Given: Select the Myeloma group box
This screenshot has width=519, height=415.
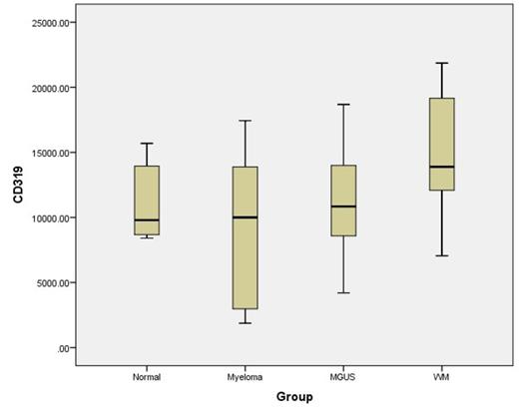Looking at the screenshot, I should [245, 237].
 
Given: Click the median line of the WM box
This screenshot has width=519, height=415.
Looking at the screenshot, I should [441, 167].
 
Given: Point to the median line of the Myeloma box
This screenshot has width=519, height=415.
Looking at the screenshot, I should [245, 217].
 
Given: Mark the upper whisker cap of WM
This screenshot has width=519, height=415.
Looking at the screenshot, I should [441, 63].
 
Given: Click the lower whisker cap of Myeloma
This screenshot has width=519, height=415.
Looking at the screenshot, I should [245, 323].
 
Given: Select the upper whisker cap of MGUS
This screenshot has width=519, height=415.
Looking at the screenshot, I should [342, 104].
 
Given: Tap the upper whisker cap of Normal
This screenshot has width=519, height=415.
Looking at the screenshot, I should [146, 143].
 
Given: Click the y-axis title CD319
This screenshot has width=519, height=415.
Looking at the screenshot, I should [20, 185].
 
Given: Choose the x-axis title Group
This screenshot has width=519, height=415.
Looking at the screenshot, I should [294, 396].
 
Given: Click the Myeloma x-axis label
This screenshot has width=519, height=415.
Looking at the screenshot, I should [245, 376].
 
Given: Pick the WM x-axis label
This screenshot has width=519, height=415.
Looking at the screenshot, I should [441, 376].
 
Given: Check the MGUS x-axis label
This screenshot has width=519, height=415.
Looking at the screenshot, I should [342, 376].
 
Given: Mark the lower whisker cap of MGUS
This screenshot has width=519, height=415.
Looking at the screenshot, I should [342, 293].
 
